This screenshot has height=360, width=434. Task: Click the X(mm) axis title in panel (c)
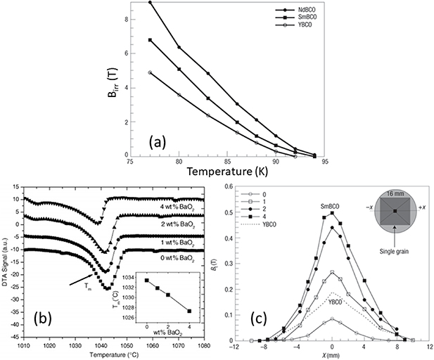click(x=331, y=356)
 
